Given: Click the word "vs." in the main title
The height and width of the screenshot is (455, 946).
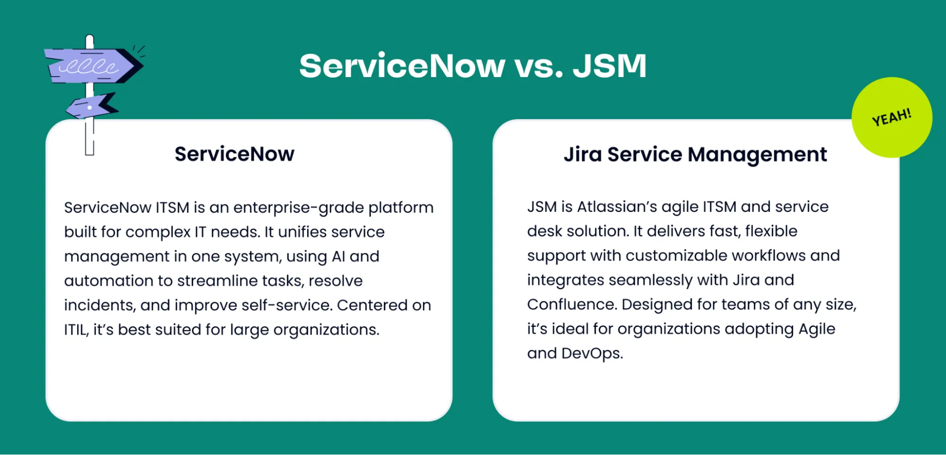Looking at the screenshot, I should [539, 66].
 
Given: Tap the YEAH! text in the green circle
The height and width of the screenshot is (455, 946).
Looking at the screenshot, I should [892, 117].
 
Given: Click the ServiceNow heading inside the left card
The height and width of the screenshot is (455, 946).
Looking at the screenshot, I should [234, 154].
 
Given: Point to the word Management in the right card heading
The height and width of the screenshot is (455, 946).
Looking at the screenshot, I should [757, 155].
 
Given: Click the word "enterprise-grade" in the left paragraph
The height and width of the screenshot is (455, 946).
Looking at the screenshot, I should [299, 208].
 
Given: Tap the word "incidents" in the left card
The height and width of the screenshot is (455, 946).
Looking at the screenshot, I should [99, 306].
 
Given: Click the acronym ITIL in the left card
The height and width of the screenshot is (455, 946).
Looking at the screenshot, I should [76, 330].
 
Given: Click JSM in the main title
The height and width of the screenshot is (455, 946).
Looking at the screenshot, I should [610, 66].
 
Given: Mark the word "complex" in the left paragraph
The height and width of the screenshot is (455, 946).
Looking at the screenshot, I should [158, 232].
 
